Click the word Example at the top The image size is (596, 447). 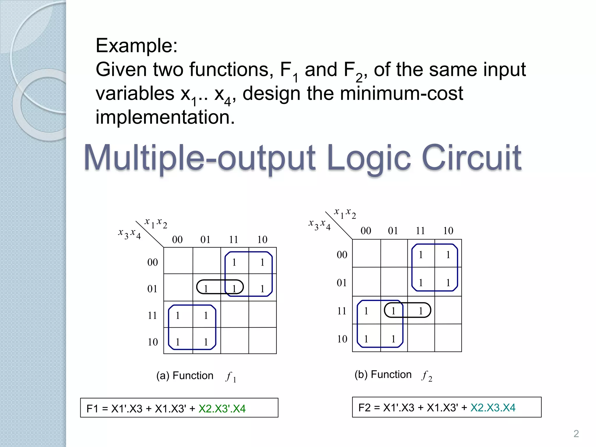point(136,46)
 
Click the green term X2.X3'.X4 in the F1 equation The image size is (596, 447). point(222,409)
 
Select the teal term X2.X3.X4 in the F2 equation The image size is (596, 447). point(493,407)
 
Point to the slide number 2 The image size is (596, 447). point(576,434)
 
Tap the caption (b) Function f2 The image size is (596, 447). point(393,375)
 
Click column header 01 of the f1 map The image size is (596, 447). point(205,240)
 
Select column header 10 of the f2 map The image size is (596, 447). point(448,231)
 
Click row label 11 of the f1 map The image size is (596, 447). point(152,315)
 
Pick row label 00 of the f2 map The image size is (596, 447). point(342,255)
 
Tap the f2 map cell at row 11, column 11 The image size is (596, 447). point(421,311)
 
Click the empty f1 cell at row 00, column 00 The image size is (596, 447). point(178,261)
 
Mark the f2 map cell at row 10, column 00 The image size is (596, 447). point(366,338)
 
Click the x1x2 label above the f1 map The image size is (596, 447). point(156,223)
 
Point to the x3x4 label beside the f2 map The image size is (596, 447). point(320,225)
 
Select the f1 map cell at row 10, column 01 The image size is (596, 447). point(206,341)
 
